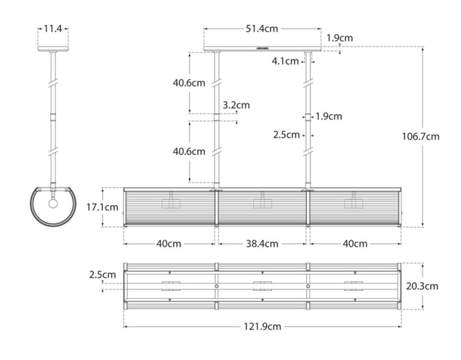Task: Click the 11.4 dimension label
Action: tap(53, 28)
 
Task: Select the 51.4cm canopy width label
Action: tap(261, 28)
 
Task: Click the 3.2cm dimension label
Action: tap(236, 105)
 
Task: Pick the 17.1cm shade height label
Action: tap(103, 207)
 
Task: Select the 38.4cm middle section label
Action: tap(261, 244)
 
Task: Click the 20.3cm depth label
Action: tap(422, 286)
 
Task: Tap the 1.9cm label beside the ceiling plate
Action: tap(340, 38)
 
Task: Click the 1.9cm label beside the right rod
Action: tap(329, 116)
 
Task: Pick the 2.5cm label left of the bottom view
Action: tap(102, 275)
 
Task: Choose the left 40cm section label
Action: tap(169, 244)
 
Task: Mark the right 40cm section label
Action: tap(356, 244)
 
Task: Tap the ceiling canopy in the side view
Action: tap(53, 50)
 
